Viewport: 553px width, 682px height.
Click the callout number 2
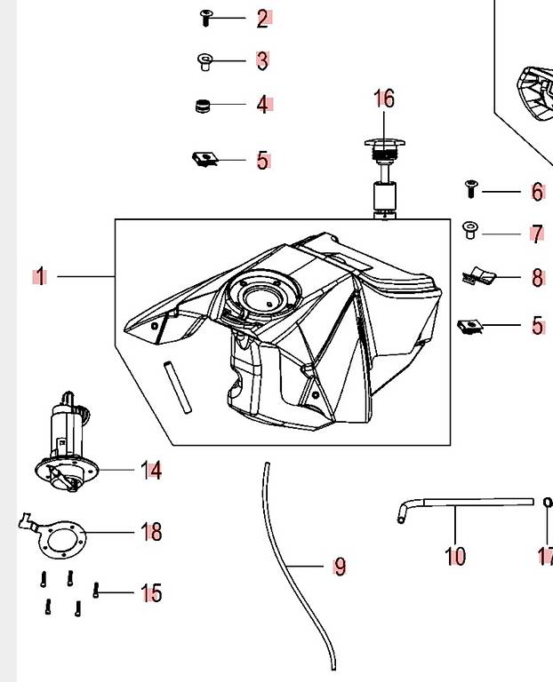tap(262, 19)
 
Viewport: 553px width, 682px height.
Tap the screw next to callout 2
tap(206, 19)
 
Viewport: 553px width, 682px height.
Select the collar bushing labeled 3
tap(204, 61)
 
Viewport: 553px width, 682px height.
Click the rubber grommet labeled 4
tap(203, 107)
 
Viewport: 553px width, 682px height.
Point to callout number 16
tap(384, 99)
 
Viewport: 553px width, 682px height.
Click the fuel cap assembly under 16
tap(385, 178)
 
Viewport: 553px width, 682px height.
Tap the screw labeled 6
tap(470, 189)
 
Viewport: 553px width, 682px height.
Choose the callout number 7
tap(537, 234)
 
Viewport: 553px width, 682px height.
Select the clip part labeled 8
tap(479, 276)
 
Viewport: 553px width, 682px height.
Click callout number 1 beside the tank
tap(41, 277)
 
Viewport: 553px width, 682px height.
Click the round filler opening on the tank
tap(262, 295)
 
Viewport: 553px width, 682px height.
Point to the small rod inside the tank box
tap(178, 387)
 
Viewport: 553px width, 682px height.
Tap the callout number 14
tap(151, 470)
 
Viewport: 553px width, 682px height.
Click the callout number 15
tap(151, 593)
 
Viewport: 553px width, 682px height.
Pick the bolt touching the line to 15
tap(96, 591)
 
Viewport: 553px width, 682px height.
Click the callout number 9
tap(341, 567)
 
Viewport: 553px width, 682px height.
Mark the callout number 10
tap(455, 556)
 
